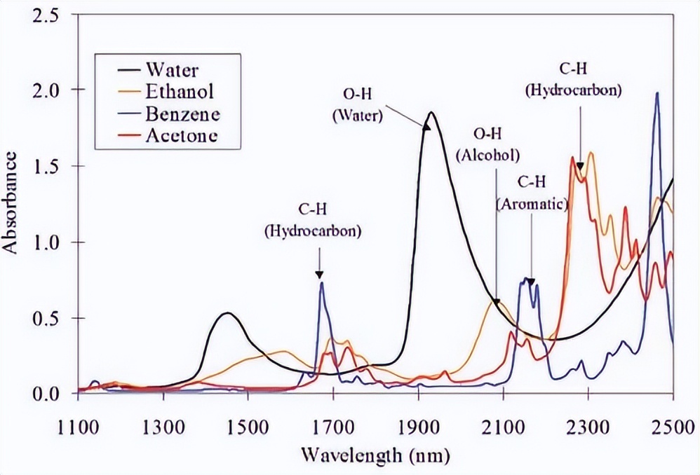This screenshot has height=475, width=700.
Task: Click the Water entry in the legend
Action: [173, 70]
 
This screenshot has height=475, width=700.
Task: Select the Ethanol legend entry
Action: [179, 91]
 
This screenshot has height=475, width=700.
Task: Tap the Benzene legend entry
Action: [182, 113]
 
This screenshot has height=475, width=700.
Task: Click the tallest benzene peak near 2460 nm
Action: [657, 93]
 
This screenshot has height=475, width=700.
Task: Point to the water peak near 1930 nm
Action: [431, 113]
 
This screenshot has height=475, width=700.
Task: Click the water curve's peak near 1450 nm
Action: [227, 313]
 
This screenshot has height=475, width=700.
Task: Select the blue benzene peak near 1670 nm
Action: [321, 282]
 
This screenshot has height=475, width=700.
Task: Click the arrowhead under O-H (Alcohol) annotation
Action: [496, 303]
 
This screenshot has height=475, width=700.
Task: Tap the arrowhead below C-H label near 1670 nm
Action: [319, 275]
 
